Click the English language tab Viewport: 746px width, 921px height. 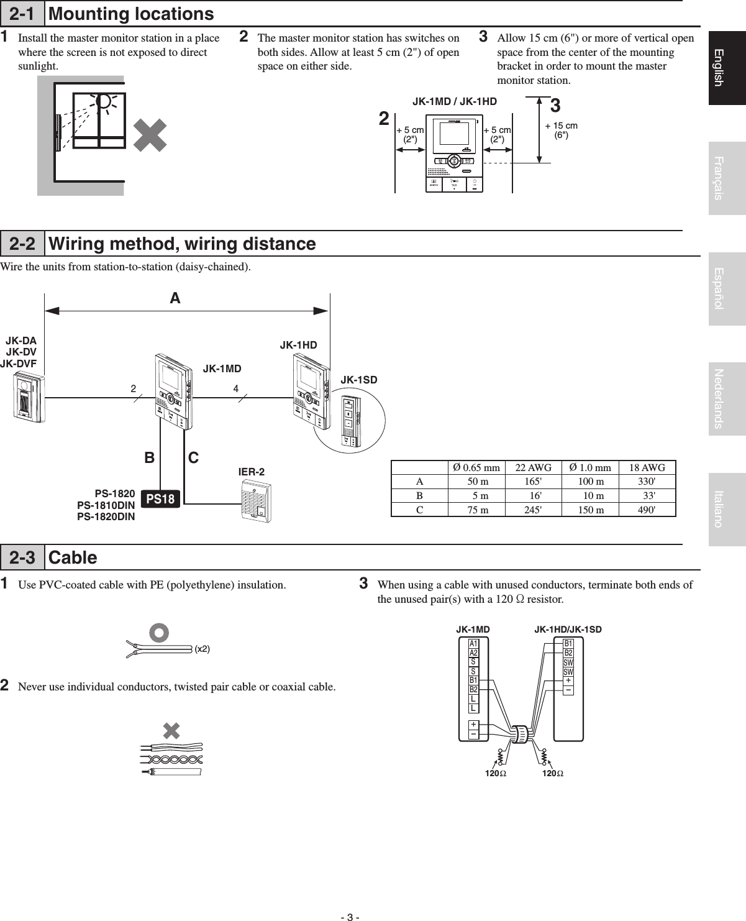pyautogui.click(x=727, y=68)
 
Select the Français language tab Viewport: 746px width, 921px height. pyautogui.click(x=727, y=178)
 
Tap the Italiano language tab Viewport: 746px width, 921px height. pyautogui.click(x=727, y=509)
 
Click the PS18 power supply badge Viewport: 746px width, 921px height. pyautogui.click(x=161, y=498)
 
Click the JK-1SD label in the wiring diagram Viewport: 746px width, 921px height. pyautogui.click(x=359, y=380)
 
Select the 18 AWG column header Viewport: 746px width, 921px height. pyautogui.click(x=647, y=468)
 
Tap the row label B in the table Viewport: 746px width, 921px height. pyautogui.click(x=419, y=496)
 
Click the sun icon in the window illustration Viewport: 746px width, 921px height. pyautogui.click(x=106, y=101)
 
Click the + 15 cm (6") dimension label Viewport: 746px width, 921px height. pyautogui.click(x=561, y=130)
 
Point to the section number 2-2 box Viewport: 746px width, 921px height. pyautogui.click(x=22, y=244)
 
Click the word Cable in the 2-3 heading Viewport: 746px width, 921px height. pyautogui.click(x=73, y=557)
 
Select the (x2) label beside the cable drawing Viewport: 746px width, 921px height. pyautogui.click(x=202, y=649)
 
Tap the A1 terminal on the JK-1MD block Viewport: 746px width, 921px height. pyautogui.click(x=473, y=643)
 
